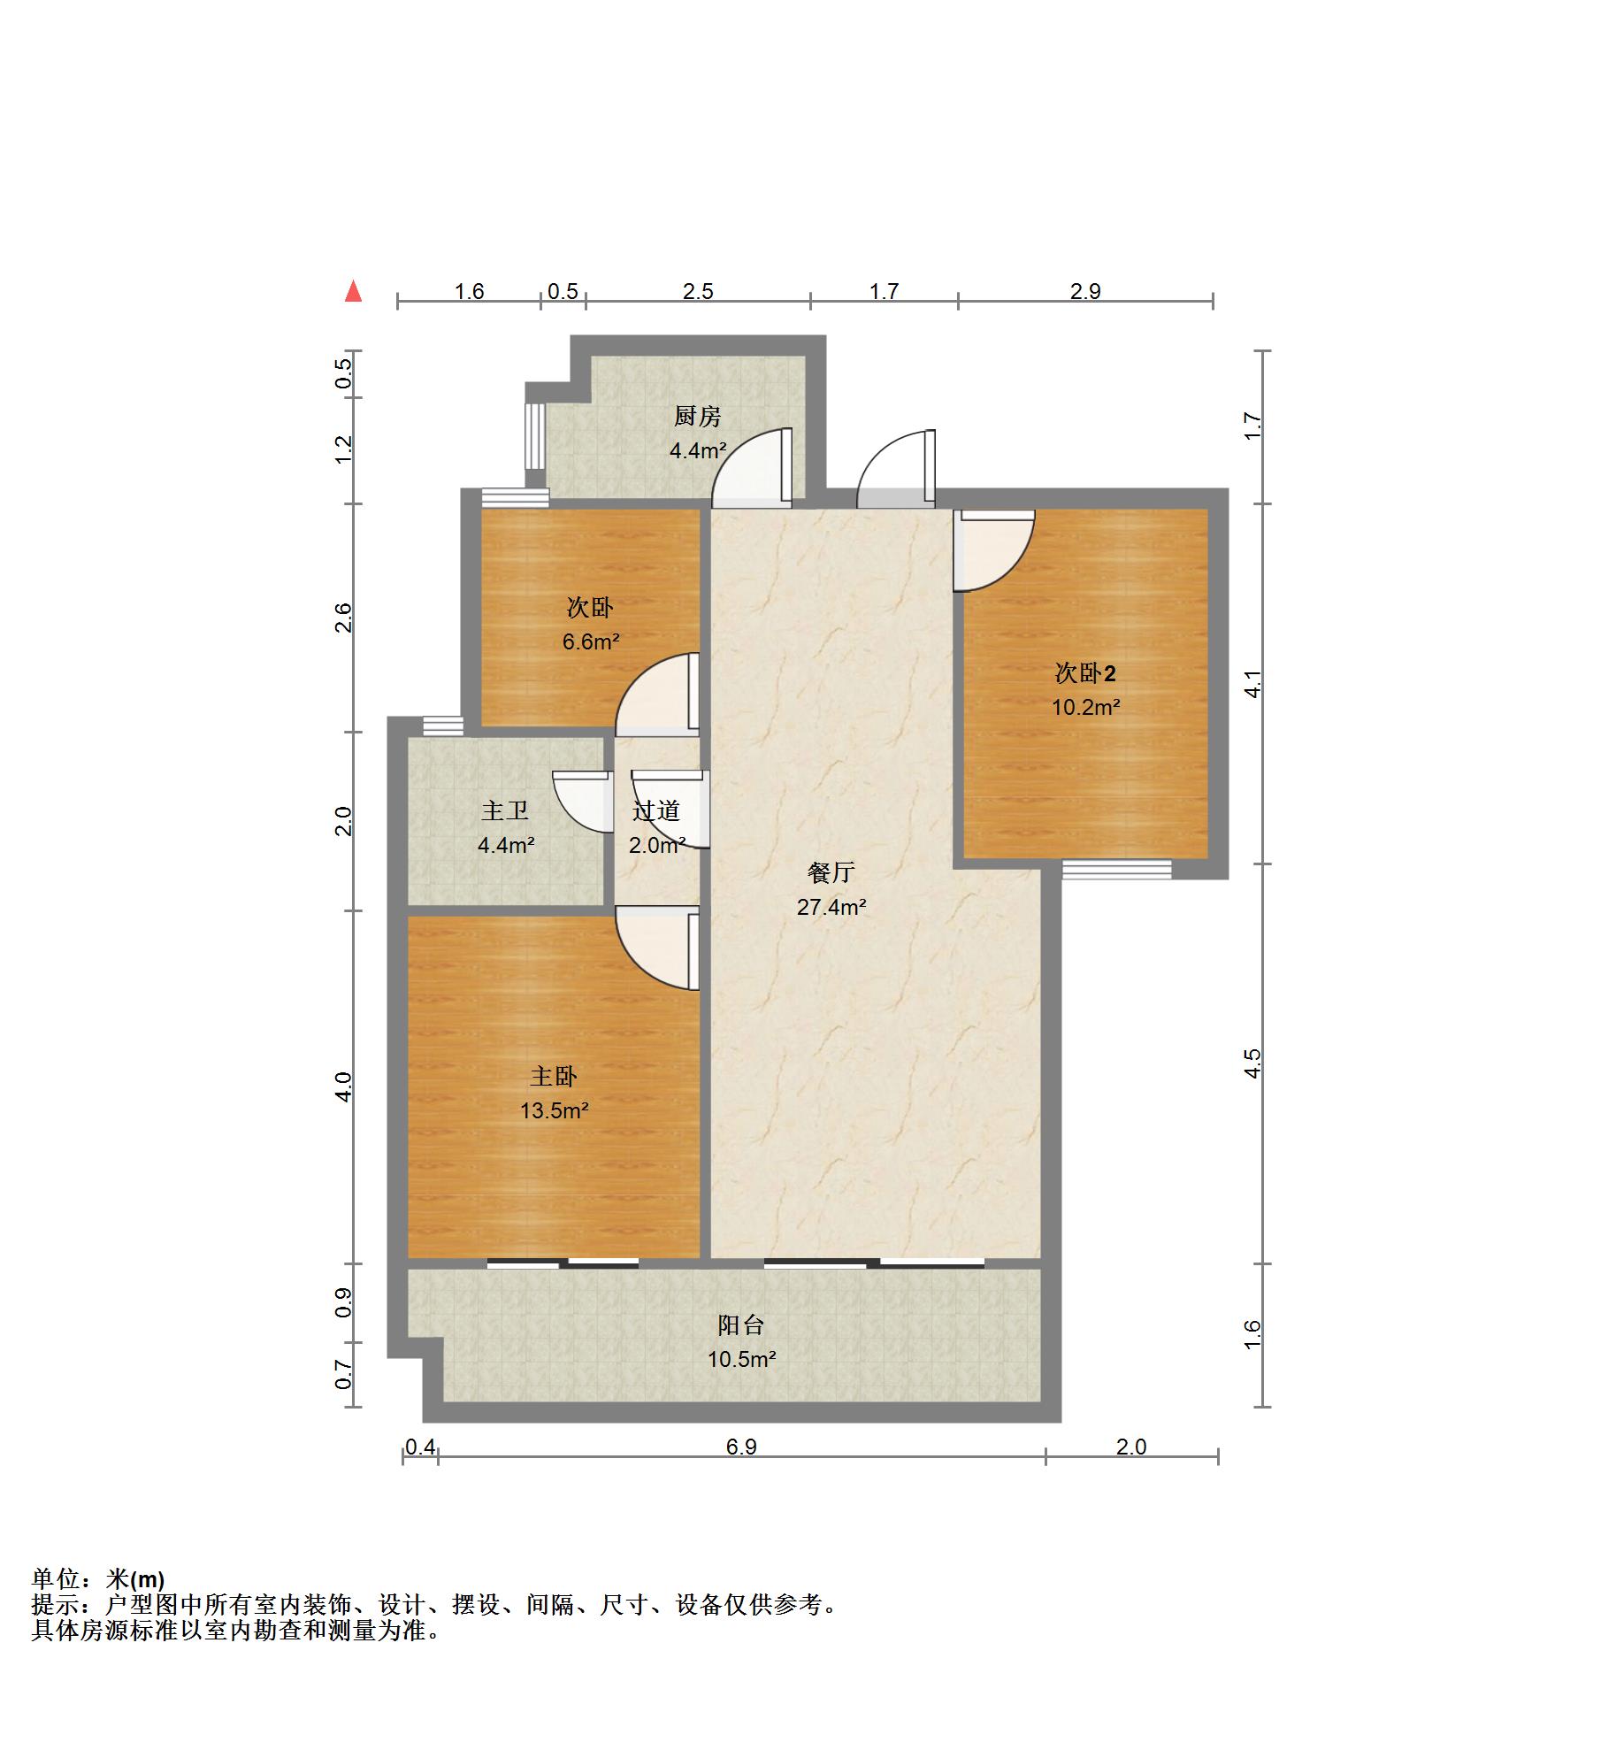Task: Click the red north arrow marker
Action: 353,290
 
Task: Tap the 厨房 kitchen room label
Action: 697,416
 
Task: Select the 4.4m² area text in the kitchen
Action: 697,450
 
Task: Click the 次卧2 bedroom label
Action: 1084,673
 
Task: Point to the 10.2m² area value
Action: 1085,707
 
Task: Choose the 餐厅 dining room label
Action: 831,872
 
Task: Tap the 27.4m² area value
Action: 831,907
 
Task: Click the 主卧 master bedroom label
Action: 553,1076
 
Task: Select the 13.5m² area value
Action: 554,1110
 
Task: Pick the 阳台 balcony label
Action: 740,1324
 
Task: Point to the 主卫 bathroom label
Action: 504,810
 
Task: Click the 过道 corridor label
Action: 656,810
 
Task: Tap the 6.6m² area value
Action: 590,641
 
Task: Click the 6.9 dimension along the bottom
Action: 741,1447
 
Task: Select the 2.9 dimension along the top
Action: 1084,292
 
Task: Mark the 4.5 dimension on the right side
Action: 1252,1063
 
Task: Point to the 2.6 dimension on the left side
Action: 343,618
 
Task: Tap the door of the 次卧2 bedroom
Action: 993,550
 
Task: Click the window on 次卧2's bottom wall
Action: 1116,869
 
